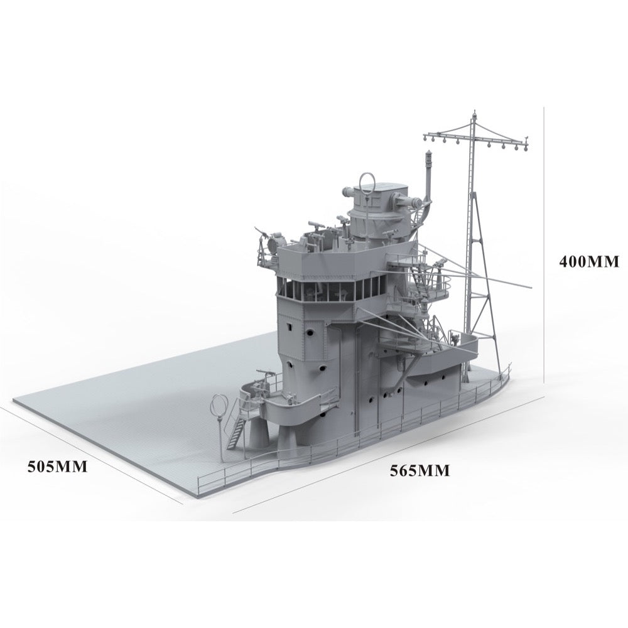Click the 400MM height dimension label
[589, 261]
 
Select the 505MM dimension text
[57, 467]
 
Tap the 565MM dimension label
[420, 470]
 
